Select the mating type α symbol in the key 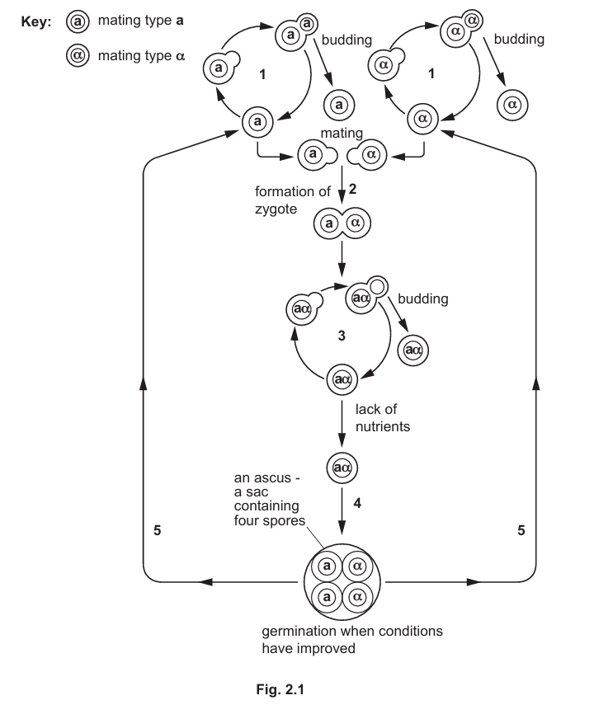(x=77, y=57)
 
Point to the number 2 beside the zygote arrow (x=352, y=189)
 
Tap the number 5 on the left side (x=157, y=531)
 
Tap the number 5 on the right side (x=521, y=531)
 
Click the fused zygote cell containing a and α (x=342, y=223)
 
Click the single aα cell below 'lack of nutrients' (x=342, y=467)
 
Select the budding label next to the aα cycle (x=422, y=298)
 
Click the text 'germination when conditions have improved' (x=352, y=640)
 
